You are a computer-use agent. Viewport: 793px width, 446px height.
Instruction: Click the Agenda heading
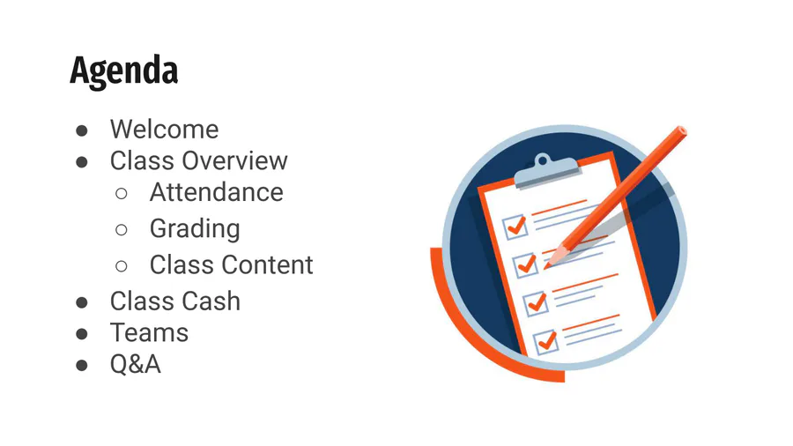tap(124, 71)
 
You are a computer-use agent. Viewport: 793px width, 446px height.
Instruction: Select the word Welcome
tap(165, 130)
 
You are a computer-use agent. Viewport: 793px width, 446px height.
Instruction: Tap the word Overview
tap(235, 160)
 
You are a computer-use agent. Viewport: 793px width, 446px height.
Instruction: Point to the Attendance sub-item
tap(217, 192)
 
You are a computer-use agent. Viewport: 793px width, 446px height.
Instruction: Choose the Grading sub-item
tap(195, 229)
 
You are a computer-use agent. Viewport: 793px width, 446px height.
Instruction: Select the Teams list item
tap(149, 332)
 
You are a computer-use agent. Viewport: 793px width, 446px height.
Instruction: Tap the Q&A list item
tap(136, 365)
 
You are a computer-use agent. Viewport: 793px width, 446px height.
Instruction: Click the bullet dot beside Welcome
tap(81, 131)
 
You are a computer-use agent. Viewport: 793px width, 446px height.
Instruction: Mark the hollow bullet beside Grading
tap(122, 230)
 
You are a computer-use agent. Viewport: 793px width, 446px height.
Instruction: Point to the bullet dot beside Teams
tap(81, 334)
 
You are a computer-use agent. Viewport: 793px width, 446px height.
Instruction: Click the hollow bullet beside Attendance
tap(122, 194)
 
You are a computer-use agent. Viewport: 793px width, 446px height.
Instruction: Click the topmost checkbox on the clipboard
tap(515, 227)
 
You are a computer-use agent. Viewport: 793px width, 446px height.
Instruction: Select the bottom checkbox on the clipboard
tap(546, 342)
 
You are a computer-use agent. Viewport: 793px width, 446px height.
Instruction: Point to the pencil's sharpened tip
tap(548, 265)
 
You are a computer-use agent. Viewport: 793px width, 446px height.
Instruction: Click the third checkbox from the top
tap(536, 303)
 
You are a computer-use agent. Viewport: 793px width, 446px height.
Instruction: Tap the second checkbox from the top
tap(525, 265)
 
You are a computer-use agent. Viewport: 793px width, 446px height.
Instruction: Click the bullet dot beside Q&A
tap(81, 366)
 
